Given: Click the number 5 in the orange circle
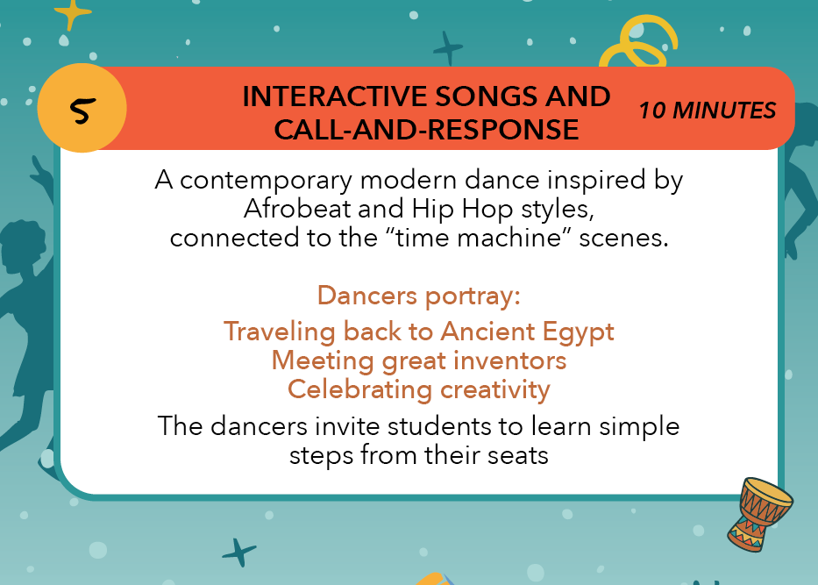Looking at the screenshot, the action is point(82,110).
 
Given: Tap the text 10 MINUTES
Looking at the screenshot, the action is point(708,111).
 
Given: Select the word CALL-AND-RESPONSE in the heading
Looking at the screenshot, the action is point(426,130).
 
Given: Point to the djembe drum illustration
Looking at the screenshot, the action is point(759,514).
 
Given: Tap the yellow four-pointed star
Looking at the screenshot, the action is point(72,13).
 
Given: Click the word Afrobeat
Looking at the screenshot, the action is point(296,209).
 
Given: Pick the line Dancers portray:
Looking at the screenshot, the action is point(419,296).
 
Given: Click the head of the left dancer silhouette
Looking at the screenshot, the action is point(22,246).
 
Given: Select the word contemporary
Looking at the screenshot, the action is point(266,181).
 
